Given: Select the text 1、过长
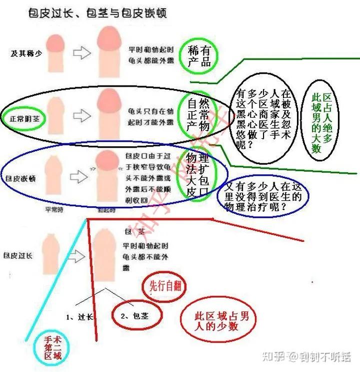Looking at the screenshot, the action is point(80,316).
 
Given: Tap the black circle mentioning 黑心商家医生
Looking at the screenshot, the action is point(265,118).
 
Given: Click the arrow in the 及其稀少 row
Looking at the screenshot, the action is point(81,52).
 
